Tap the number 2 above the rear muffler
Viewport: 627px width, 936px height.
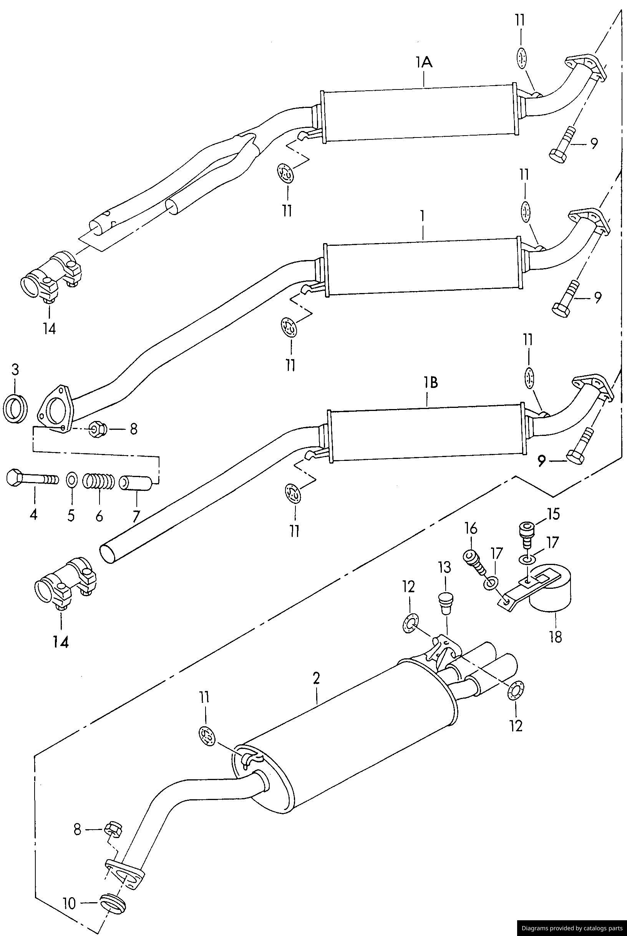[316, 678]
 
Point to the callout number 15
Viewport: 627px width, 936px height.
[553, 514]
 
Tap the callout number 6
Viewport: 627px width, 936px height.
[99, 515]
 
